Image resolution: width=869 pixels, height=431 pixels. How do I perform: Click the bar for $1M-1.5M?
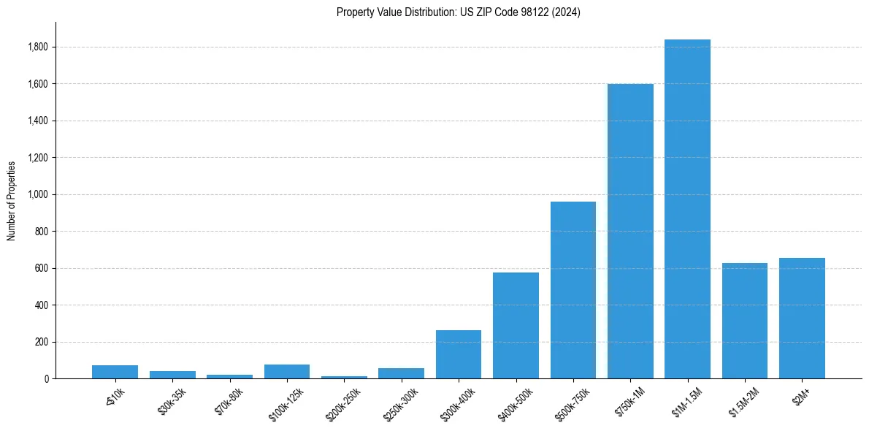687,209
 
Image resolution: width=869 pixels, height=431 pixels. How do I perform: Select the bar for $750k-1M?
630,231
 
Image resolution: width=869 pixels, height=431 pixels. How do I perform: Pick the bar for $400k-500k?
516,325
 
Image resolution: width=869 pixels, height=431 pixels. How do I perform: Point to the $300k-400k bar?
459,354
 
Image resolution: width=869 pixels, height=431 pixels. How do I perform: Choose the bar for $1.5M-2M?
745,321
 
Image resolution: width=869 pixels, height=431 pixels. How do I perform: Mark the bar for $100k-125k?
287,371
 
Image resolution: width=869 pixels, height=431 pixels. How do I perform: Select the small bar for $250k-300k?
401,373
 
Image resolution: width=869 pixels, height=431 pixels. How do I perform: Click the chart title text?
459,12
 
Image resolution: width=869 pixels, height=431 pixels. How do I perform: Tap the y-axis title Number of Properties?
12,200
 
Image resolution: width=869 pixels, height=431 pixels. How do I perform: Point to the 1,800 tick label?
38,47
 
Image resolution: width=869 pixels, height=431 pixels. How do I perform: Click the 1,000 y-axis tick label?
38,194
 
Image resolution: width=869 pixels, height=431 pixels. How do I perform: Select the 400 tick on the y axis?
42,305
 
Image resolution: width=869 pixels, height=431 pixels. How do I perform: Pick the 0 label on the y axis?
47,379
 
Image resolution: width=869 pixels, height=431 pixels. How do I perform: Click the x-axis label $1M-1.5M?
686,403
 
